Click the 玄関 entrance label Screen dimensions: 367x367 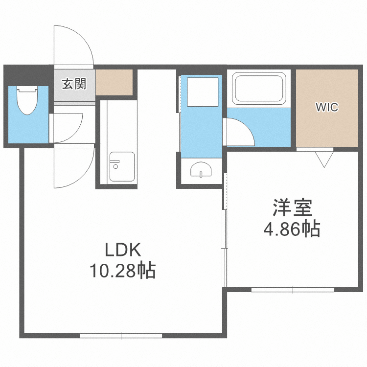tap(74, 84)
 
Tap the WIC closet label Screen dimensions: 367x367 tap(326, 107)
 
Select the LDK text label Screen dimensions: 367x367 tap(123, 250)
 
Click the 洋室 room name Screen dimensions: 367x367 tap(293, 209)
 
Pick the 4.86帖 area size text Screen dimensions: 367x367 tap(292, 229)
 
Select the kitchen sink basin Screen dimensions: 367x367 tap(121, 166)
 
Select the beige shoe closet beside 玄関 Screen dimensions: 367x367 tap(115, 82)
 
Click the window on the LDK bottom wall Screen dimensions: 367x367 tap(121, 336)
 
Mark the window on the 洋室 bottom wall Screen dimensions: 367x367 tap(293, 290)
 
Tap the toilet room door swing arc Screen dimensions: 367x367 tap(69, 127)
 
